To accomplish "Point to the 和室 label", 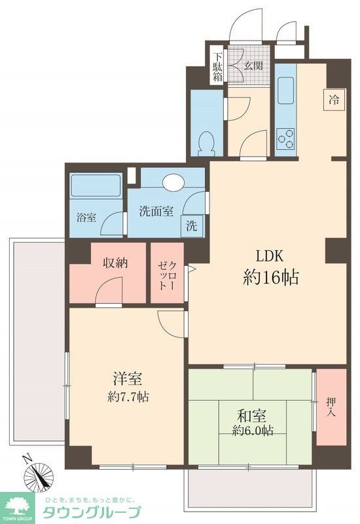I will [251, 415].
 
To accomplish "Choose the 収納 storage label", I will [115, 263].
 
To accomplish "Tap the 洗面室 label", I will [156, 212].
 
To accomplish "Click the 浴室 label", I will [86, 217].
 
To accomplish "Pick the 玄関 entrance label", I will [253, 65].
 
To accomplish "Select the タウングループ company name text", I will [92, 512].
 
